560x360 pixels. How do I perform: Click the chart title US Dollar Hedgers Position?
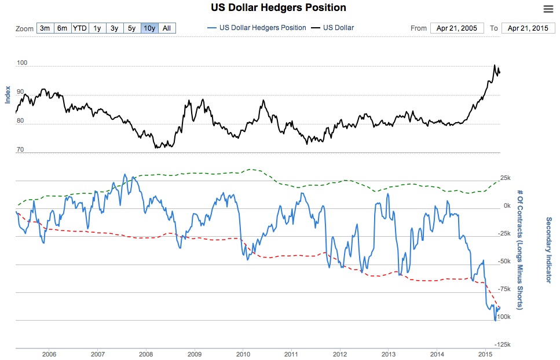280,8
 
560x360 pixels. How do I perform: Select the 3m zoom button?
45,28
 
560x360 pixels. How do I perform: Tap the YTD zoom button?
80,28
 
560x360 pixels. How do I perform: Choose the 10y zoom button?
149,28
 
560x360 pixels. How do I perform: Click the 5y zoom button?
132,28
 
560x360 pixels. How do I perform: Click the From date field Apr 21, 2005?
457,28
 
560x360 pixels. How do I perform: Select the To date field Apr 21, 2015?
528,28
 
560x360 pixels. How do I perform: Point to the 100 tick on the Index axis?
21,62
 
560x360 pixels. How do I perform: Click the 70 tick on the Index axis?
20,149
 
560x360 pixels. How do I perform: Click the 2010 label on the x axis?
243,354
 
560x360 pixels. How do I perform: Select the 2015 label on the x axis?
485,354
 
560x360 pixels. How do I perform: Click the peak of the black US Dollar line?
495,65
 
